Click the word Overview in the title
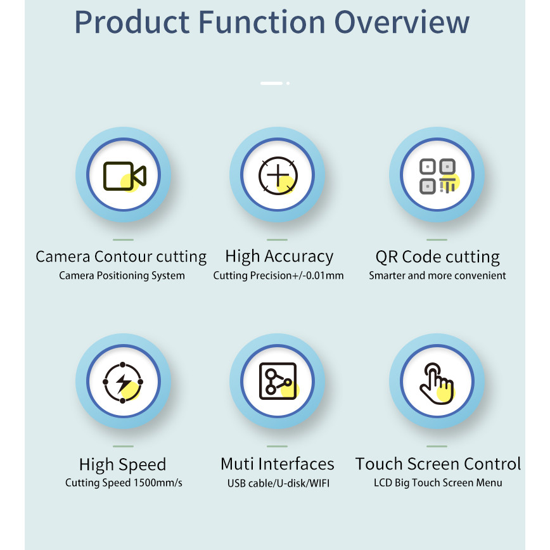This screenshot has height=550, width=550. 402,22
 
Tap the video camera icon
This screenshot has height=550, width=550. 125,176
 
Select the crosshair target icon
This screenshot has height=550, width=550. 278,175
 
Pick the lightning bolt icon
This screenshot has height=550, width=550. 123,382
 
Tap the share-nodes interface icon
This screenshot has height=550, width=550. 278,381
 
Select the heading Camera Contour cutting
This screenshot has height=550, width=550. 121,257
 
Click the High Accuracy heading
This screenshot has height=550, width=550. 279,257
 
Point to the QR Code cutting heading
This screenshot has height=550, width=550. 437,257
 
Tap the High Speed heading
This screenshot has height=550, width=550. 122,464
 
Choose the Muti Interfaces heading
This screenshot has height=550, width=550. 277,464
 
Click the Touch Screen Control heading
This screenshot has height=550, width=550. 438,464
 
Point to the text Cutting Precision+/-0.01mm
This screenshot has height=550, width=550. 278,276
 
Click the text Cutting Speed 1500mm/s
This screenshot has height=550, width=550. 124,483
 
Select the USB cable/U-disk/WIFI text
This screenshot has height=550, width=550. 278,483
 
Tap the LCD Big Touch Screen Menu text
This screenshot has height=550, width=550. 438,483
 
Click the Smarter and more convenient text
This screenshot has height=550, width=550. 437,276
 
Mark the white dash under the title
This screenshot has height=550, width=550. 271,83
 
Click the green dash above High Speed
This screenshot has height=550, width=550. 123,446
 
